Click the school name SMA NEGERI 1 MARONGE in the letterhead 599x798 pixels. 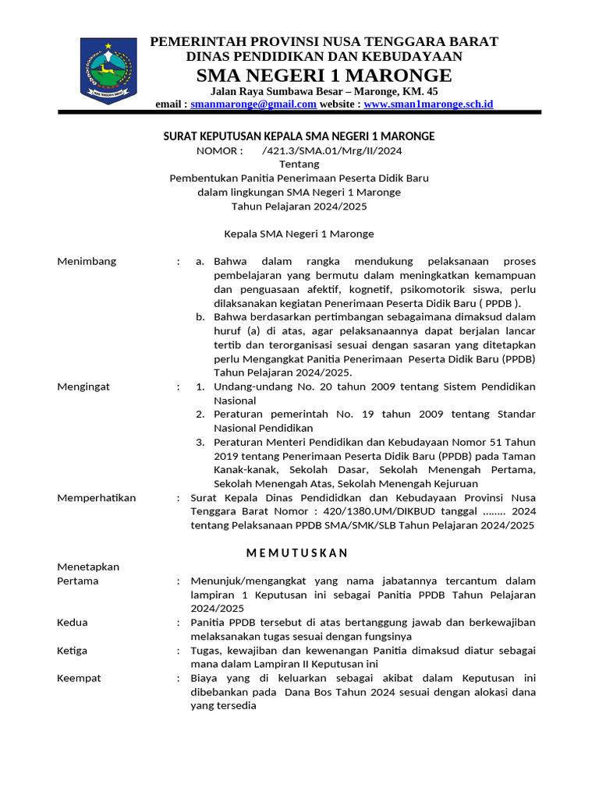pos(324,75)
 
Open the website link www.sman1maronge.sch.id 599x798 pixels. pos(428,104)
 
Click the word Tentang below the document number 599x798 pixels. pos(299,164)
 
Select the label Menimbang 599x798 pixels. pos(87,261)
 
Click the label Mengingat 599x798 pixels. pos(83,387)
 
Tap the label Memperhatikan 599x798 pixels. pos(96,498)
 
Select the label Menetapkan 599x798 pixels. pos(88,567)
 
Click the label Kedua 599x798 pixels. pos(73,623)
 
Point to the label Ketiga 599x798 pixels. pos(73,651)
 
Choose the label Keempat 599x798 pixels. pos(79,678)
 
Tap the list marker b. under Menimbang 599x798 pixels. pos(200,317)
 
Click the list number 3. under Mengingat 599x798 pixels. pos(200,442)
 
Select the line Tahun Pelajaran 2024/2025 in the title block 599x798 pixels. pos(299,207)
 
